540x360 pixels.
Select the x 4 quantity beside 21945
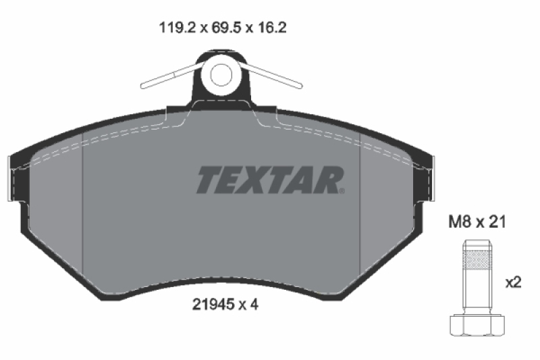coord(250,305)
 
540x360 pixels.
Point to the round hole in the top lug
coord(221,74)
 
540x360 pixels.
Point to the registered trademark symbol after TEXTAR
coord(344,190)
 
